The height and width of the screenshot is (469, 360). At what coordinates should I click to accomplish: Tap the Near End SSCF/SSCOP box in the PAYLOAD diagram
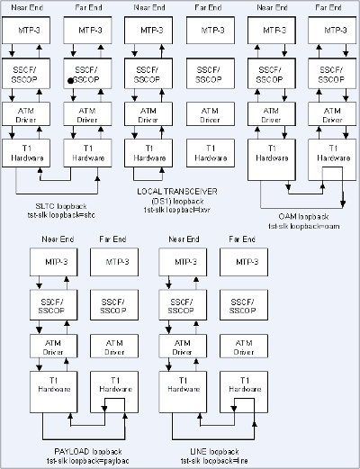coord(54,304)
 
